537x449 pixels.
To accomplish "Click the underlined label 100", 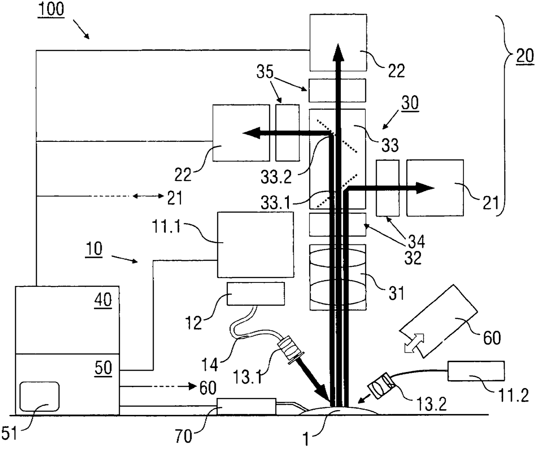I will coord(51,10).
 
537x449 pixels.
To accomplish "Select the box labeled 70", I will coord(246,406).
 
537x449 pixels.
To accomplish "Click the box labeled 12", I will coord(256,294).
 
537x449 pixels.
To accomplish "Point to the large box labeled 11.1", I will coord(255,244).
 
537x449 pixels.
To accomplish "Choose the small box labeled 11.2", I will coord(476,372).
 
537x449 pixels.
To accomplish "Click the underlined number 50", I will coord(103,368).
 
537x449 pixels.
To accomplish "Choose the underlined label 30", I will coord(410,104).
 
